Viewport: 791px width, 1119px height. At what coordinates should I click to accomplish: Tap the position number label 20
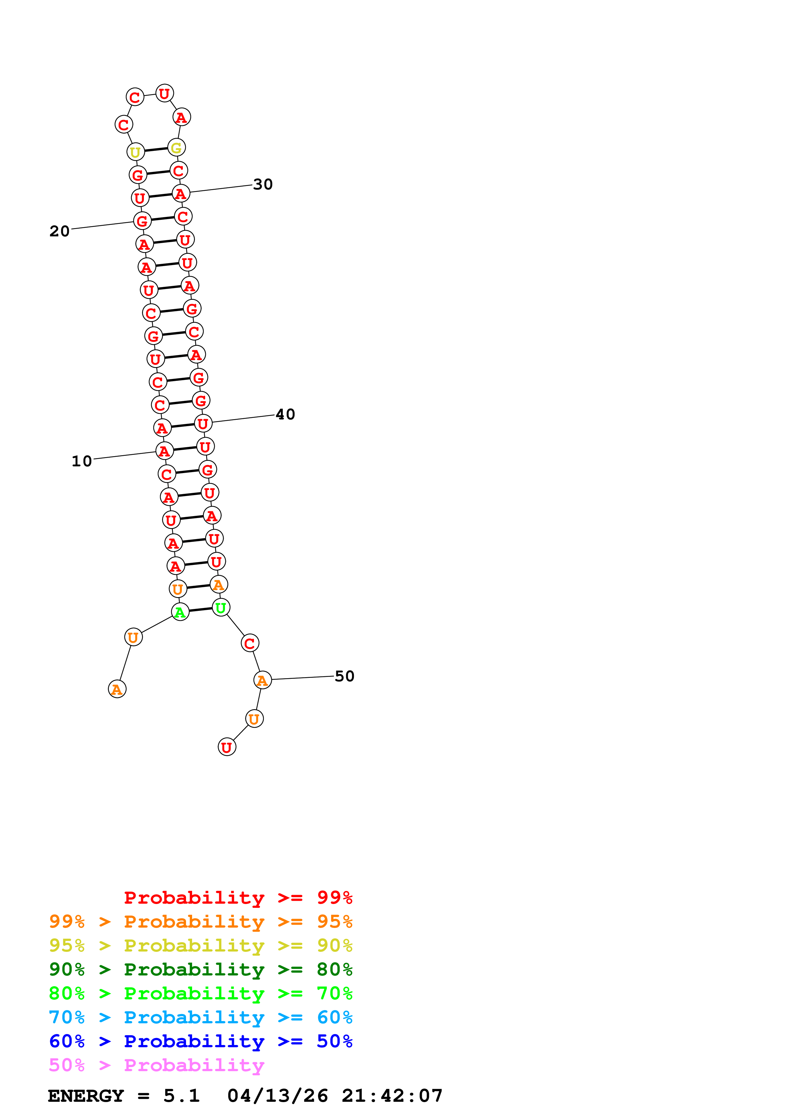pos(59,231)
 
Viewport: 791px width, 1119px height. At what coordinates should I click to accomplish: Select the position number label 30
pos(263,184)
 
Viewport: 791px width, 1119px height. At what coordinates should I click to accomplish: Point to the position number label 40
pos(285,414)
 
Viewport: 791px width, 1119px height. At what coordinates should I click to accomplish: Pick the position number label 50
pos(344,676)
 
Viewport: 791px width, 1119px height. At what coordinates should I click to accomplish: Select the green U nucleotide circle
pos(221,607)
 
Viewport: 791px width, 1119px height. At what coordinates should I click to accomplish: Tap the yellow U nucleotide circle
pos(136,152)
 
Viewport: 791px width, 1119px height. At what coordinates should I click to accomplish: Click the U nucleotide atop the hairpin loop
pos(164,93)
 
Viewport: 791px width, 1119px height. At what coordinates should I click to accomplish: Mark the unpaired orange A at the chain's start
pos(117,689)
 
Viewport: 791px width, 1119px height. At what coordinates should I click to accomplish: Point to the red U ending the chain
pos(227,747)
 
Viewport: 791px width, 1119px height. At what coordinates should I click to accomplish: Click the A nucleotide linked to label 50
pos(262,680)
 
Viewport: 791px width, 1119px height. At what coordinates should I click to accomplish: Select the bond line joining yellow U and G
pos(156,150)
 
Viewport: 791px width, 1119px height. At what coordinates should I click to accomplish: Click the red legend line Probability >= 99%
pos(238,897)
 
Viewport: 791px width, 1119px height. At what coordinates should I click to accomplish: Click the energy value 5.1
pos(181,1096)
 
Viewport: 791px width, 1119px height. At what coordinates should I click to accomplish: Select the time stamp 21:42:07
pos(392,1096)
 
